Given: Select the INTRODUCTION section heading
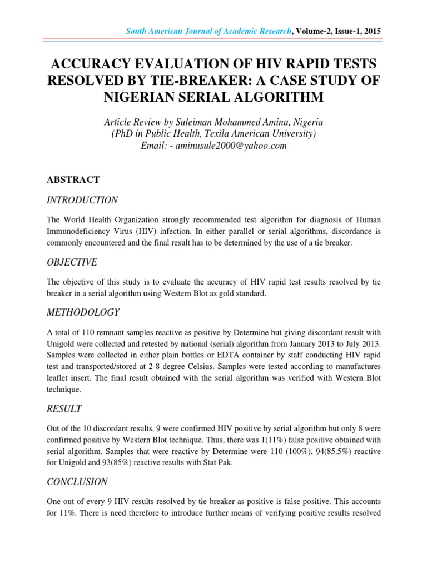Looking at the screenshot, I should (82, 200).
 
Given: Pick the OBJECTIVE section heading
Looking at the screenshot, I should (72, 262).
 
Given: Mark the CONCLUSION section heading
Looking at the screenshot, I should (77, 481).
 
